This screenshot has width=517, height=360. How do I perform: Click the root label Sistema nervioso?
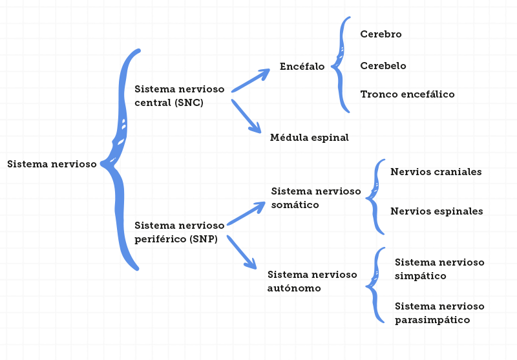coord(52,164)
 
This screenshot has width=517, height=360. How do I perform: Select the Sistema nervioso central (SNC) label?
coord(179,95)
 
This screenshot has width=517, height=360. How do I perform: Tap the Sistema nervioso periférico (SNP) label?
coord(179,232)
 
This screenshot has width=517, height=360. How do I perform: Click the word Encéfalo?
coord(302,66)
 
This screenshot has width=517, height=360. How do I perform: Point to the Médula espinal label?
coord(309,138)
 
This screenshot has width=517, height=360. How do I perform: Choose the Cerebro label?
coord(381,34)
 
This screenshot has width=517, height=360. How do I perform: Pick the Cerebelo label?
coord(383,66)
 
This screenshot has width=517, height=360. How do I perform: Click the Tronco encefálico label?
coord(407,94)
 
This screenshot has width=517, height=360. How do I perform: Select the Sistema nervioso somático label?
coord(316,198)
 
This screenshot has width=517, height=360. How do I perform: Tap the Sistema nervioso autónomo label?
coord(312,281)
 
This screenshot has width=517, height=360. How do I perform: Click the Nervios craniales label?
coord(436,172)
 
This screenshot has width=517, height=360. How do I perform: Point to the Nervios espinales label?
coord(437,211)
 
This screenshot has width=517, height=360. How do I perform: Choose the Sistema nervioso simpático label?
coord(439,269)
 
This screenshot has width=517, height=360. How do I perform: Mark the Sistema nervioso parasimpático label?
coord(439,313)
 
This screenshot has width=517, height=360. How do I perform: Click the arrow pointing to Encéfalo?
coord(251,81)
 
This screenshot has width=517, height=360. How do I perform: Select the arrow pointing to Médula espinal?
coord(246,116)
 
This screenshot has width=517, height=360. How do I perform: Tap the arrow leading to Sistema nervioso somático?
coord(246,213)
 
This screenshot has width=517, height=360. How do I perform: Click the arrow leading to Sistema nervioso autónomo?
coord(242,252)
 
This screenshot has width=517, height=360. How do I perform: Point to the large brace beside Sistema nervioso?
coord(122,162)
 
